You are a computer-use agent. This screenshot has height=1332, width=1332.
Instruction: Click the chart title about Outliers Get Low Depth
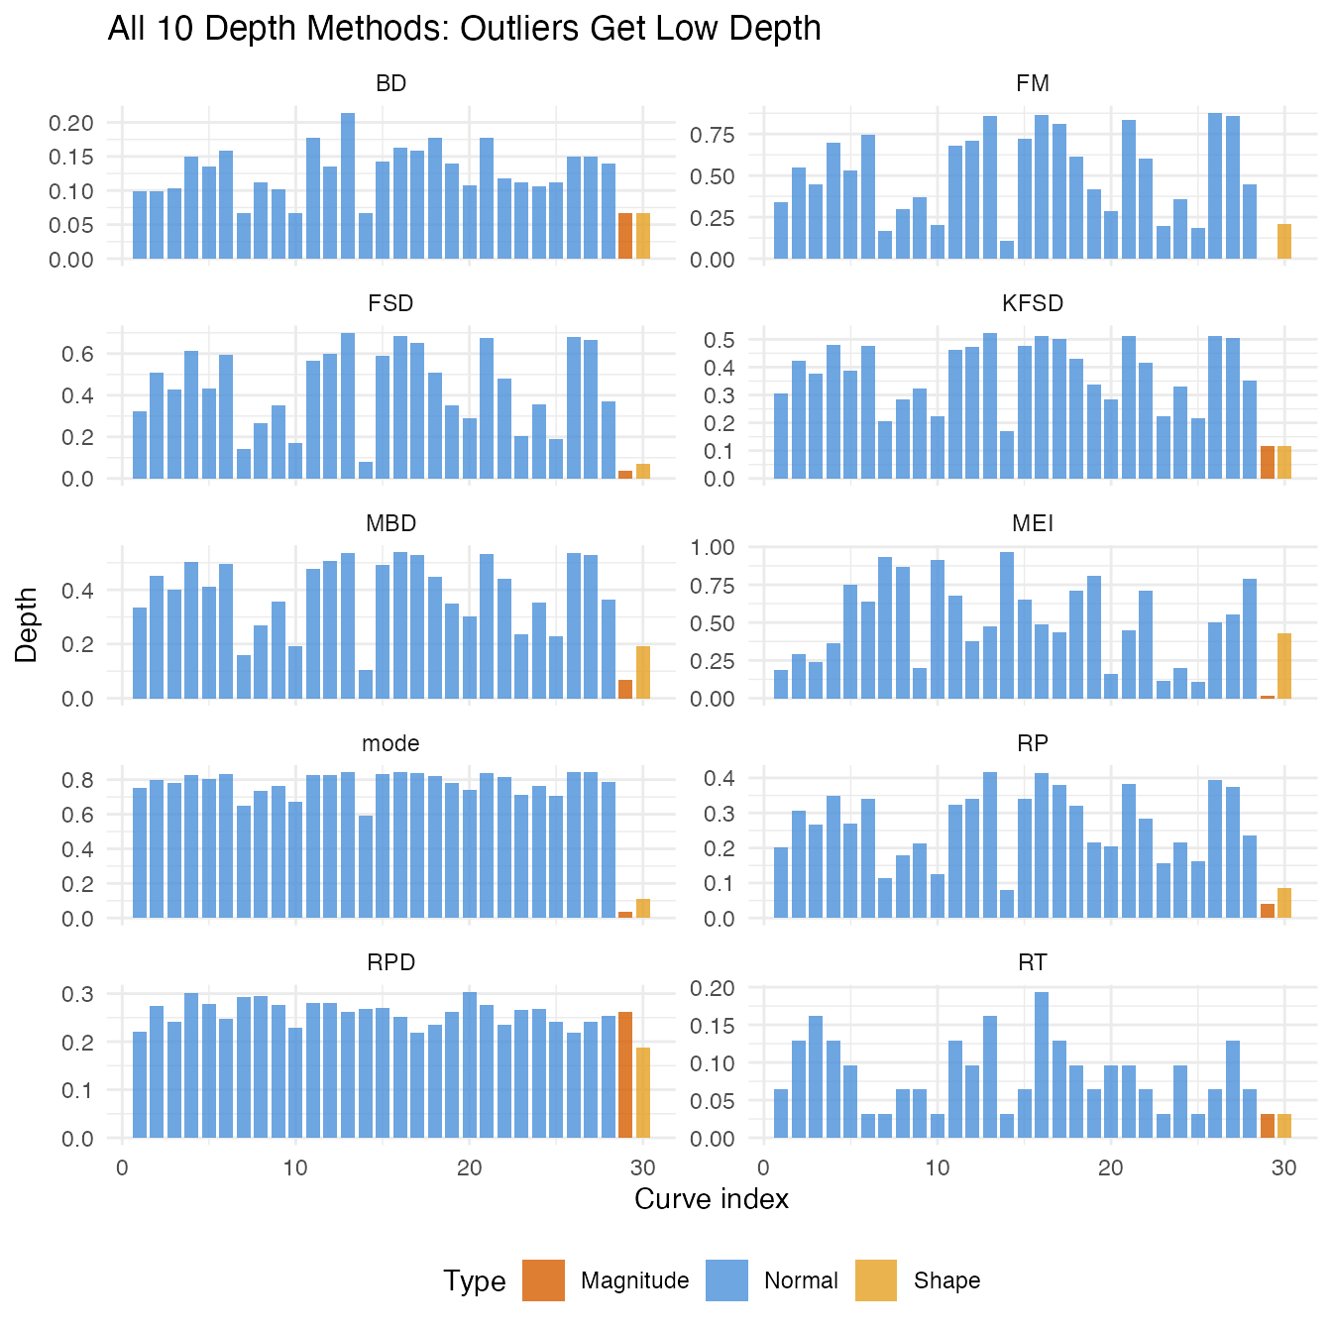pos(464,29)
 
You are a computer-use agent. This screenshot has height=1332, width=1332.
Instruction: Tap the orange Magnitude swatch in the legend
pos(543,1279)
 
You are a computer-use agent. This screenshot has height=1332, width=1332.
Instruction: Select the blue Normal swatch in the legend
pos(726,1279)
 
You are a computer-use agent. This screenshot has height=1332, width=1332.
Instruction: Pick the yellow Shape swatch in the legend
pos(875,1279)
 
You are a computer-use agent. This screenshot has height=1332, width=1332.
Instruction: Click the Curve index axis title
pos(712,1199)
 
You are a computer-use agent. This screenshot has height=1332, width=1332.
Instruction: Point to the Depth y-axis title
pos(27,624)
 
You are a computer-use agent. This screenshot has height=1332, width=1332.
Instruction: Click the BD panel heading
pos(390,83)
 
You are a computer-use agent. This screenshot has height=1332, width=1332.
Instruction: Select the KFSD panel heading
pos(1032,303)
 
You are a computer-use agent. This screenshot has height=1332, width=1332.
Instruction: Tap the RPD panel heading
pos(390,962)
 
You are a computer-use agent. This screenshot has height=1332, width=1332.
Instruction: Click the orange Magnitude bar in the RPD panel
pos(625,1075)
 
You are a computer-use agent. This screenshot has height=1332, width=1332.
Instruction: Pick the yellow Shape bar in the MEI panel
pos(1284,665)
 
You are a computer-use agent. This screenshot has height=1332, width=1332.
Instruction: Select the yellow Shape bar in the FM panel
pos(1284,242)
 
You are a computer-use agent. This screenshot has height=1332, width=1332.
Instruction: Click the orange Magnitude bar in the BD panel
pos(625,236)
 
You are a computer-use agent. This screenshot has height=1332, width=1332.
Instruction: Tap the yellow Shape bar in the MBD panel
pos(643,672)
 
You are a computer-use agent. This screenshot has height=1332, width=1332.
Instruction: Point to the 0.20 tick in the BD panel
pos(70,123)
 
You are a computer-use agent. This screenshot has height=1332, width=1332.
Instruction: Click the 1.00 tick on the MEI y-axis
pos(713,547)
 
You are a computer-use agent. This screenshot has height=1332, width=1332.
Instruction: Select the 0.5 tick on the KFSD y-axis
pos(720,340)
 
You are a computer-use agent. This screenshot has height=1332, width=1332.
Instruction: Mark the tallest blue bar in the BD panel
pos(348,186)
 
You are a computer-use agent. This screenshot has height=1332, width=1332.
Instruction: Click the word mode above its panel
pos(390,743)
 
